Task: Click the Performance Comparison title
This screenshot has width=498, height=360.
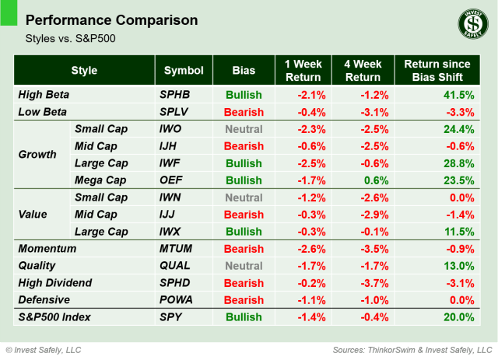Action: tap(112, 19)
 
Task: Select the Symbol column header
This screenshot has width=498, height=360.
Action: tap(184, 71)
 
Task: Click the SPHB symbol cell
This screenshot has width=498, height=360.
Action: tap(174, 95)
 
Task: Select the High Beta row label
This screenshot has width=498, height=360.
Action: tap(44, 95)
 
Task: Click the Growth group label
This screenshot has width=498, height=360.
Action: tap(37, 154)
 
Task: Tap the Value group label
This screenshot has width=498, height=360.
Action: tap(33, 214)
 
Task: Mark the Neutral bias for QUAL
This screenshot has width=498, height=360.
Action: tap(244, 266)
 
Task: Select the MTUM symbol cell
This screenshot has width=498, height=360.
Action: tap(176, 249)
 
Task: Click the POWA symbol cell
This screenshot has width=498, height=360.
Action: tap(176, 300)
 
